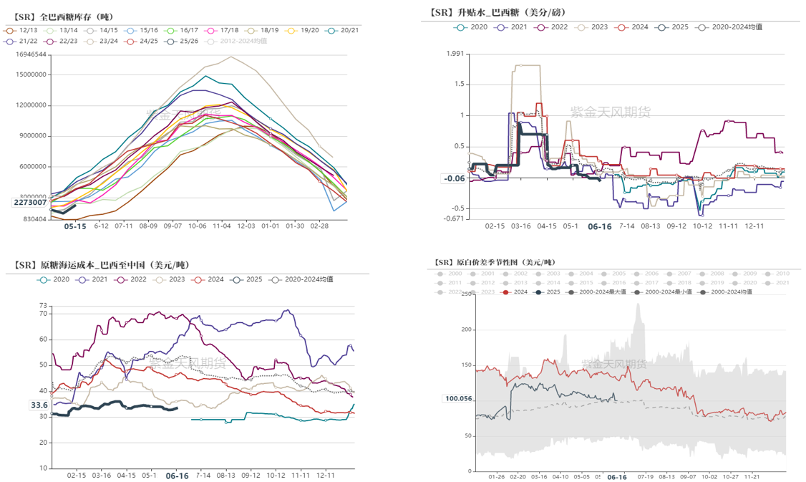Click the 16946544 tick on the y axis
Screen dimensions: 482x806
[x=31, y=54]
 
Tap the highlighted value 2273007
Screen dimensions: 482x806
[x=31, y=202]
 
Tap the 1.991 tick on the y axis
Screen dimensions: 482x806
[x=455, y=54]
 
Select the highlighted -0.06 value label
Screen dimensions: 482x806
[x=455, y=178]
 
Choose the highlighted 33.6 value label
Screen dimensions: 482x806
[x=39, y=405]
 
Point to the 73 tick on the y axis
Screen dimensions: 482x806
[x=42, y=306]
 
